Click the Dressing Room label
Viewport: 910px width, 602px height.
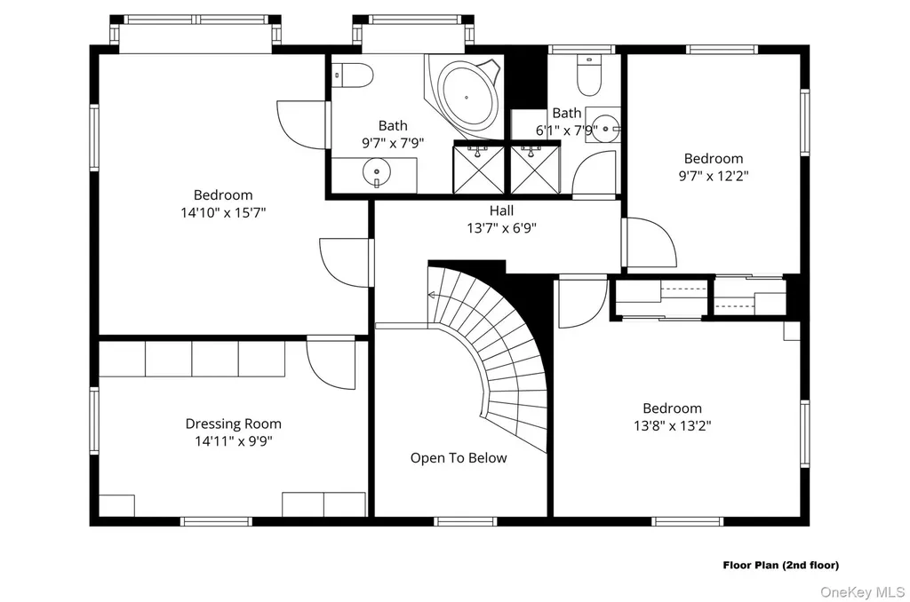point(234,424)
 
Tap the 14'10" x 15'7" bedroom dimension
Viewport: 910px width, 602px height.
point(223,213)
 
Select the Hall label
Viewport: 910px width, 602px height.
point(501,210)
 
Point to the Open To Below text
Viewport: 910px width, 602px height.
point(459,458)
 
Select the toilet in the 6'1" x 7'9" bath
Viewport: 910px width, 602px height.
point(589,75)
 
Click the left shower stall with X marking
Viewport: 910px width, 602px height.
point(478,170)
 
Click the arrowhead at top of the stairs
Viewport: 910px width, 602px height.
point(431,295)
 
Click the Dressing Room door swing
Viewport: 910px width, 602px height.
point(330,365)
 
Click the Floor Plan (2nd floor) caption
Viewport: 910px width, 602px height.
point(780,565)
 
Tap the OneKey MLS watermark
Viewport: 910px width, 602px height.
point(862,592)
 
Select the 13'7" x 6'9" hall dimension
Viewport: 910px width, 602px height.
point(501,228)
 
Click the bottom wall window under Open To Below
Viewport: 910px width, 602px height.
point(466,522)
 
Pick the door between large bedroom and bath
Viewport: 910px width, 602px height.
point(301,125)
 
